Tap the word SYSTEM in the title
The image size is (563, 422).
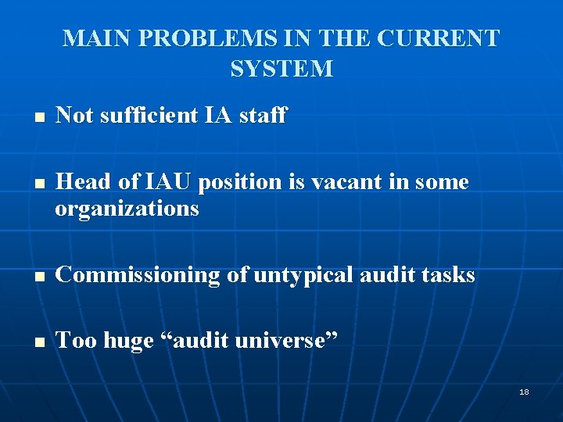tap(281, 69)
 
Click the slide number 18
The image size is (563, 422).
tap(524, 392)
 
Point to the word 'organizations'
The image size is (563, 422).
tap(127, 209)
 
